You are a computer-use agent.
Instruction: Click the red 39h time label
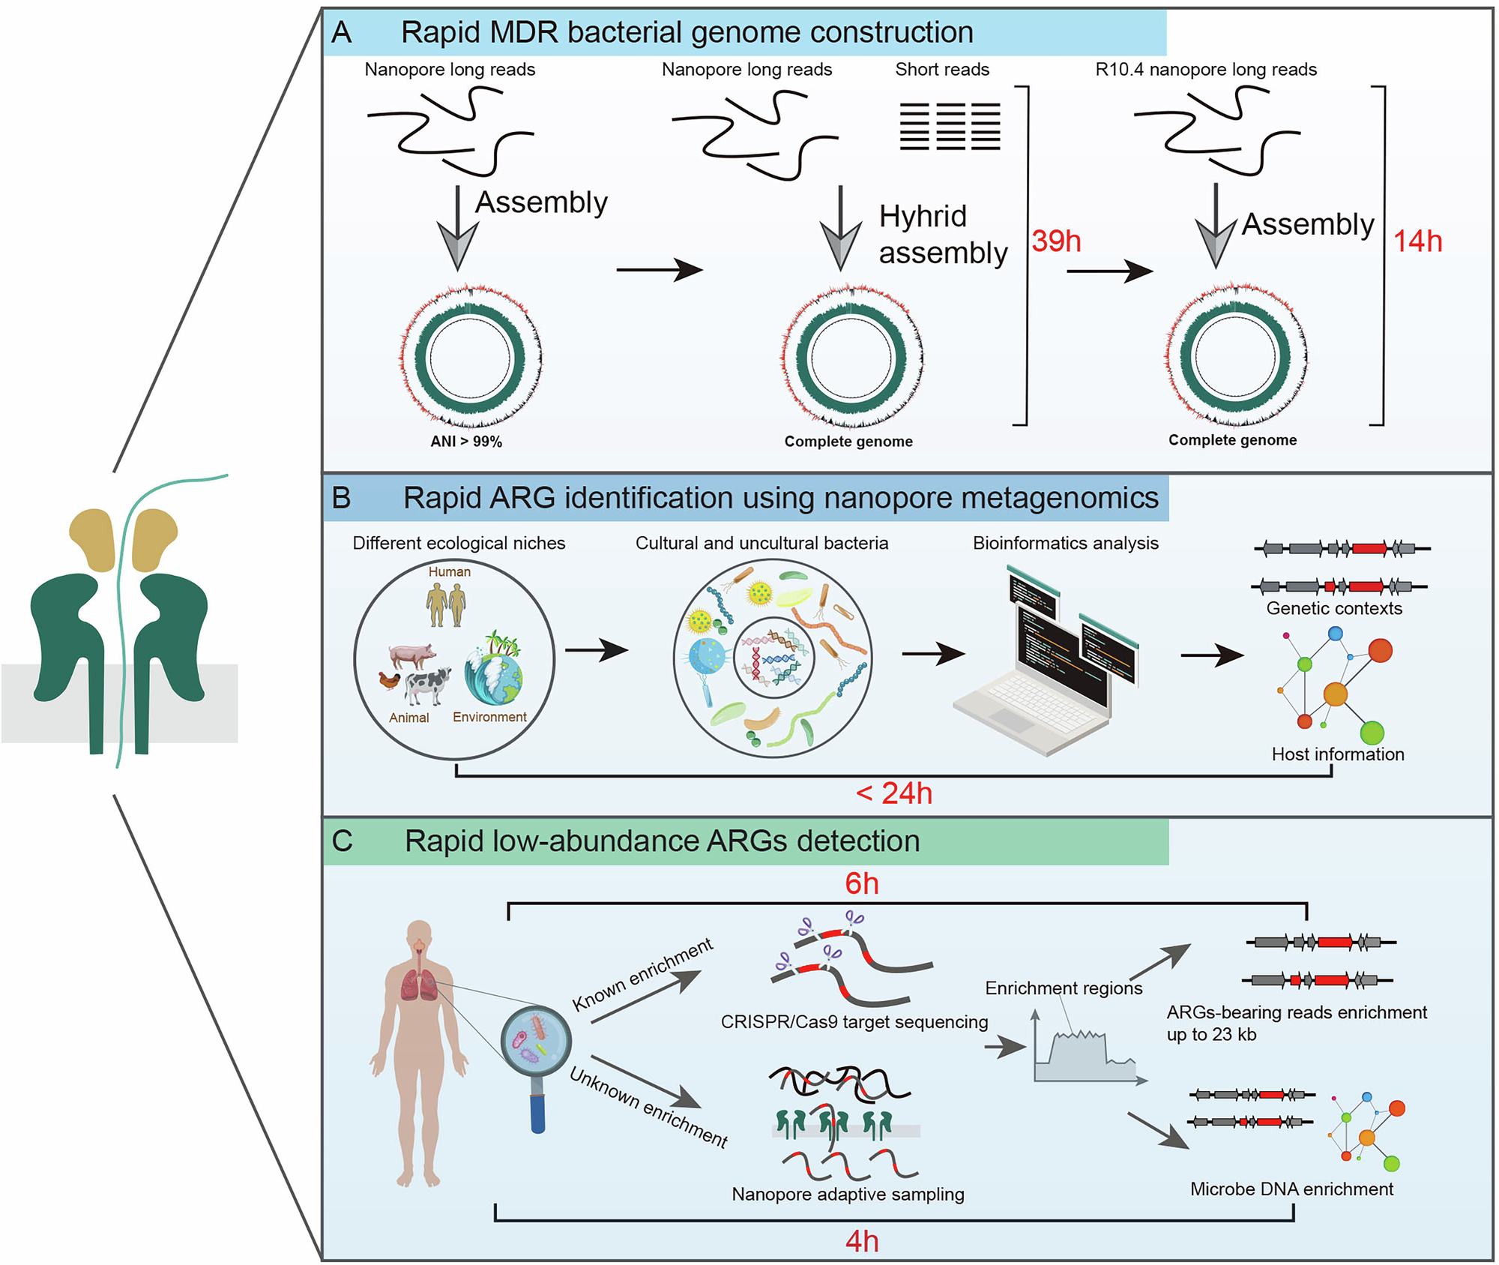[x=1055, y=241]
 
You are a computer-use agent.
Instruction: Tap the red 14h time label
[x=1417, y=241]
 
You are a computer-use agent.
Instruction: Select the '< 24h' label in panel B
[x=893, y=793]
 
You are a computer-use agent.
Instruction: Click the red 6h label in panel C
[x=861, y=883]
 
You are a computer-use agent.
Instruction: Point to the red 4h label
[x=861, y=1242]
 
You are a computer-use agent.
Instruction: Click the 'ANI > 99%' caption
[x=465, y=442]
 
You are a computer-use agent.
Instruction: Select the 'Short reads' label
[x=941, y=70]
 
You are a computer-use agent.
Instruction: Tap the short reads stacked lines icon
[x=949, y=127]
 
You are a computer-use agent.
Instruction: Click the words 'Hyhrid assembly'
[x=942, y=234]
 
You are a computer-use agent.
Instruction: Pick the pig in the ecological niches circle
[x=411, y=655]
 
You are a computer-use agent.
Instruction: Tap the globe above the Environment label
[x=493, y=675]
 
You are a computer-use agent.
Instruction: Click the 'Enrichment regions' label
[x=1063, y=988]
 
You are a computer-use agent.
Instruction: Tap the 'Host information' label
[x=1337, y=754]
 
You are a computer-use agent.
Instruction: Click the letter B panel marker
[x=341, y=498]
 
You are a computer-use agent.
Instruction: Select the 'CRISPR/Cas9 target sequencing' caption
[x=854, y=1022]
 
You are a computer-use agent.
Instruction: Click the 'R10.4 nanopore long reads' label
[x=1205, y=70]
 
